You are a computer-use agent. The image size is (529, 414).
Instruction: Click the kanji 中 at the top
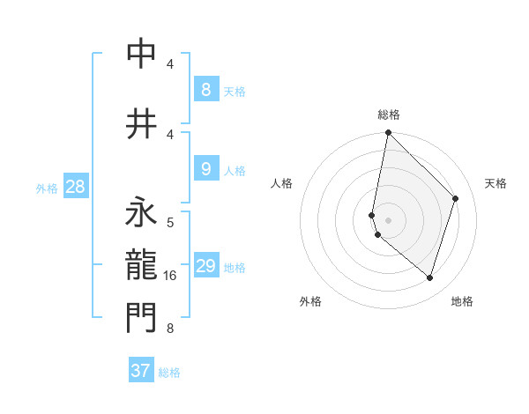[x=141, y=54]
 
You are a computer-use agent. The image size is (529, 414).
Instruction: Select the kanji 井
[x=141, y=122]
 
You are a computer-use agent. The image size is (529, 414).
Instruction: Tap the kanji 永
[x=141, y=214]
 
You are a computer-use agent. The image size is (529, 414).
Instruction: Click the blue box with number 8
[x=205, y=89]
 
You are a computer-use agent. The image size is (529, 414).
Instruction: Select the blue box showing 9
[x=205, y=169]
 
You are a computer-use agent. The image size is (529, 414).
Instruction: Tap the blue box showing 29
[x=206, y=266]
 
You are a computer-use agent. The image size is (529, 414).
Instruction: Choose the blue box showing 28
[x=75, y=187]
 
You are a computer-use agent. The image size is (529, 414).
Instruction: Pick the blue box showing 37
[x=141, y=371]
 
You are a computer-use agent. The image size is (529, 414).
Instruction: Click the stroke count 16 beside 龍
[x=170, y=277]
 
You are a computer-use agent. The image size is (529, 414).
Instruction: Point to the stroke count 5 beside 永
[x=170, y=221]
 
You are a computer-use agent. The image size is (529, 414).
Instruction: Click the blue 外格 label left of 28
[x=46, y=188]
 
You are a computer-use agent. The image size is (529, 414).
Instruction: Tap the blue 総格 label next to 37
[x=169, y=373]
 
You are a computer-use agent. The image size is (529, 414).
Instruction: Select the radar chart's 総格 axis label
[x=388, y=115]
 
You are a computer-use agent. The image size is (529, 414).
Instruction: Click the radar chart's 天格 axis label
[x=495, y=183]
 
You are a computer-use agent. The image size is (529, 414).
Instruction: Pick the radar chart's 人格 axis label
[x=282, y=183]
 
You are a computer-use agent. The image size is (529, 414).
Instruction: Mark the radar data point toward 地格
[x=429, y=277]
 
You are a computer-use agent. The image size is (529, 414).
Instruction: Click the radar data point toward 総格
[x=388, y=132]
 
